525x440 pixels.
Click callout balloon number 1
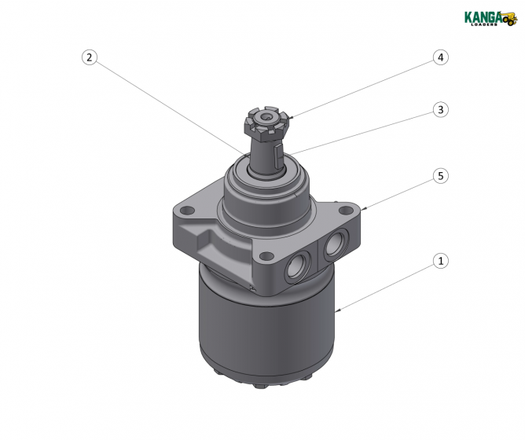click(442, 261)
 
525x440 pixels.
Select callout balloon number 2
click(90, 57)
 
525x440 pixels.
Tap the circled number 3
click(442, 110)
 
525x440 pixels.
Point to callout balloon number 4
click(442, 57)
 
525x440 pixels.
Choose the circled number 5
click(442, 176)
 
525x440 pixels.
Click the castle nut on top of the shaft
click(269, 123)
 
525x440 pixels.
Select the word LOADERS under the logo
click(486, 24)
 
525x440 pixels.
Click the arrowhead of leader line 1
click(336, 312)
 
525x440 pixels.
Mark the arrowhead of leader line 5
click(365, 208)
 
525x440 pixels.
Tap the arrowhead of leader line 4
click(291, 118)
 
